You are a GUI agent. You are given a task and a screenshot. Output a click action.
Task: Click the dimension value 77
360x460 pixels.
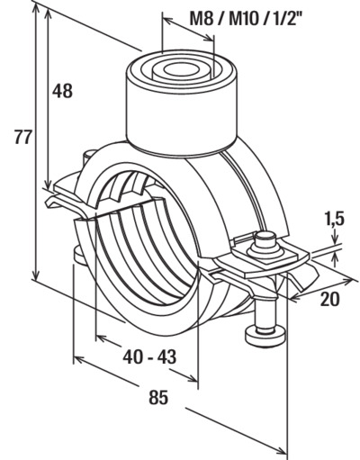[x=22, y=138]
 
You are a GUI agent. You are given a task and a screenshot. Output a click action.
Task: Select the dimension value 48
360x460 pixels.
[x=62, y=91]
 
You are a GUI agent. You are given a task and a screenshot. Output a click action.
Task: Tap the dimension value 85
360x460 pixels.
[x=158, y=397]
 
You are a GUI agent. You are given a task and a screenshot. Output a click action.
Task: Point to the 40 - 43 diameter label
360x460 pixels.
[x=149, y=356]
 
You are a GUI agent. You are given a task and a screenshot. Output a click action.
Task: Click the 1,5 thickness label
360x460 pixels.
[x=334, y=219]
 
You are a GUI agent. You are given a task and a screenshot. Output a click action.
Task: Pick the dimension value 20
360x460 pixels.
[x=330, y=299]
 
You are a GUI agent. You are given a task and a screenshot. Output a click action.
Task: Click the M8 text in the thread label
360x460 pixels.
[x=202, y=20]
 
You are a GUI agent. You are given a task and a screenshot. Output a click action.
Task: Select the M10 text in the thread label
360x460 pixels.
[x=243, y=20]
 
